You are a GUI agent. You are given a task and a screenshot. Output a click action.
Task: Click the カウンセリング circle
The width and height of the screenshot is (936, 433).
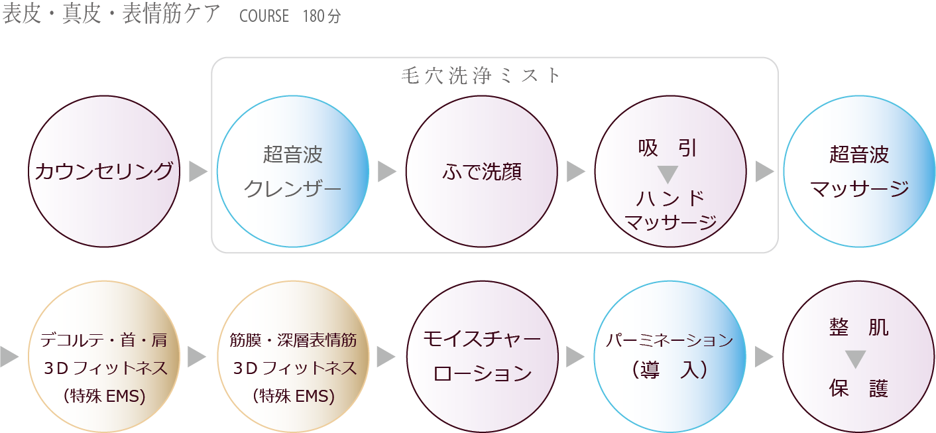point(104,172)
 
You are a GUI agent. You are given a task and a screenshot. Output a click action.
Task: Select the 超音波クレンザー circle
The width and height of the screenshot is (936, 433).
point(293,172)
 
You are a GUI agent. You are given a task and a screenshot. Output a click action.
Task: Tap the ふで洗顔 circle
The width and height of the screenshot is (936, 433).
point(482,172)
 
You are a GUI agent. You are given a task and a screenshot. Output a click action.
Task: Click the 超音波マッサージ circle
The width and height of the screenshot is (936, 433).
point(859,172)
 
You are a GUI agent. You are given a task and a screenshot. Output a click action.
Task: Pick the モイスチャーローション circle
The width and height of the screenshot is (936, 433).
point(482,357)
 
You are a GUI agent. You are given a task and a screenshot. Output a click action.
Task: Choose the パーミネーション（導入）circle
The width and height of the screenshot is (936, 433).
point(670,357)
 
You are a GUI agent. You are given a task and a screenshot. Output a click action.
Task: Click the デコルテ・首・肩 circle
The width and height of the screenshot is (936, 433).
point(104,357)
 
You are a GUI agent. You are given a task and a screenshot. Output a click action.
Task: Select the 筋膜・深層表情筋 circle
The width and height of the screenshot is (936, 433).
point(293,357)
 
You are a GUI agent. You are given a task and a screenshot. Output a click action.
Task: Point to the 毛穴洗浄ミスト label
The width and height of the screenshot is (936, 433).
point(482,76)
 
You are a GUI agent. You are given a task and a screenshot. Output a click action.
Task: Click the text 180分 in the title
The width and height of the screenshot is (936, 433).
point(322,16)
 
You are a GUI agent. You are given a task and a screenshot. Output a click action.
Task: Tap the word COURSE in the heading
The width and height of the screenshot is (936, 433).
point(264,16)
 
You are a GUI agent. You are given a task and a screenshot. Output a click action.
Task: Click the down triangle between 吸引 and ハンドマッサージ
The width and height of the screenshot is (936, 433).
point(668,174)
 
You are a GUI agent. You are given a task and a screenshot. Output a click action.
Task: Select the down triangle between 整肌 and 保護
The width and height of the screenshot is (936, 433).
point(856,359)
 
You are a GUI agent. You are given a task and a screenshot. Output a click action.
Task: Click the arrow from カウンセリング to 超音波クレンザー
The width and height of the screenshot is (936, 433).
point(198,172)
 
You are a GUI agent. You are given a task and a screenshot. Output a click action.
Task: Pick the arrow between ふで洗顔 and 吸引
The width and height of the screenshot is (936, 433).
point(576,172)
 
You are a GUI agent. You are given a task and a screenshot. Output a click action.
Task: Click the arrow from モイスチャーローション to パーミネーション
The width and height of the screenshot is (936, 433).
point(575,357)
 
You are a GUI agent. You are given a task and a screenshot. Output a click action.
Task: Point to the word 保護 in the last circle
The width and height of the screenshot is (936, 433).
point(858,388)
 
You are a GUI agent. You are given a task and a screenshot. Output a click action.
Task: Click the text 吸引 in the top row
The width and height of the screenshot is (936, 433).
point(668,148)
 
